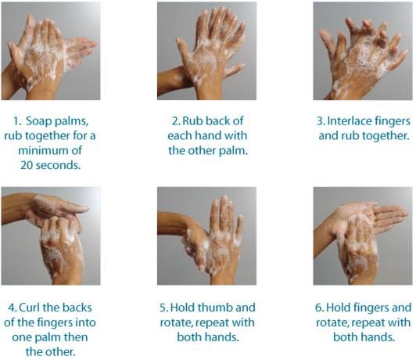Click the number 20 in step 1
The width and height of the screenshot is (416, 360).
tap(27, 165)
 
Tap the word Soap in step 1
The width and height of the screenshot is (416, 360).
tap(39, 121)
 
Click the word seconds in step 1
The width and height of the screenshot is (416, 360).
tap(58, 165)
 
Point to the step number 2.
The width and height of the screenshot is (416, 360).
tap(176, 121)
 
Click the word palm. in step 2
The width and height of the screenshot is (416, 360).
tap(233, 151)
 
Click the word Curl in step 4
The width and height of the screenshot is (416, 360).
tap(30, 308)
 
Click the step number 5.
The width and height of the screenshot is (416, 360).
tap(163, 308)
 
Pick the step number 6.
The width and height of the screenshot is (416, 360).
tap(319, 308)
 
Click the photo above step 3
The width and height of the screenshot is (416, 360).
tap(363, 51)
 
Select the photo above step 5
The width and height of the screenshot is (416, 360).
tap(206, 236)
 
